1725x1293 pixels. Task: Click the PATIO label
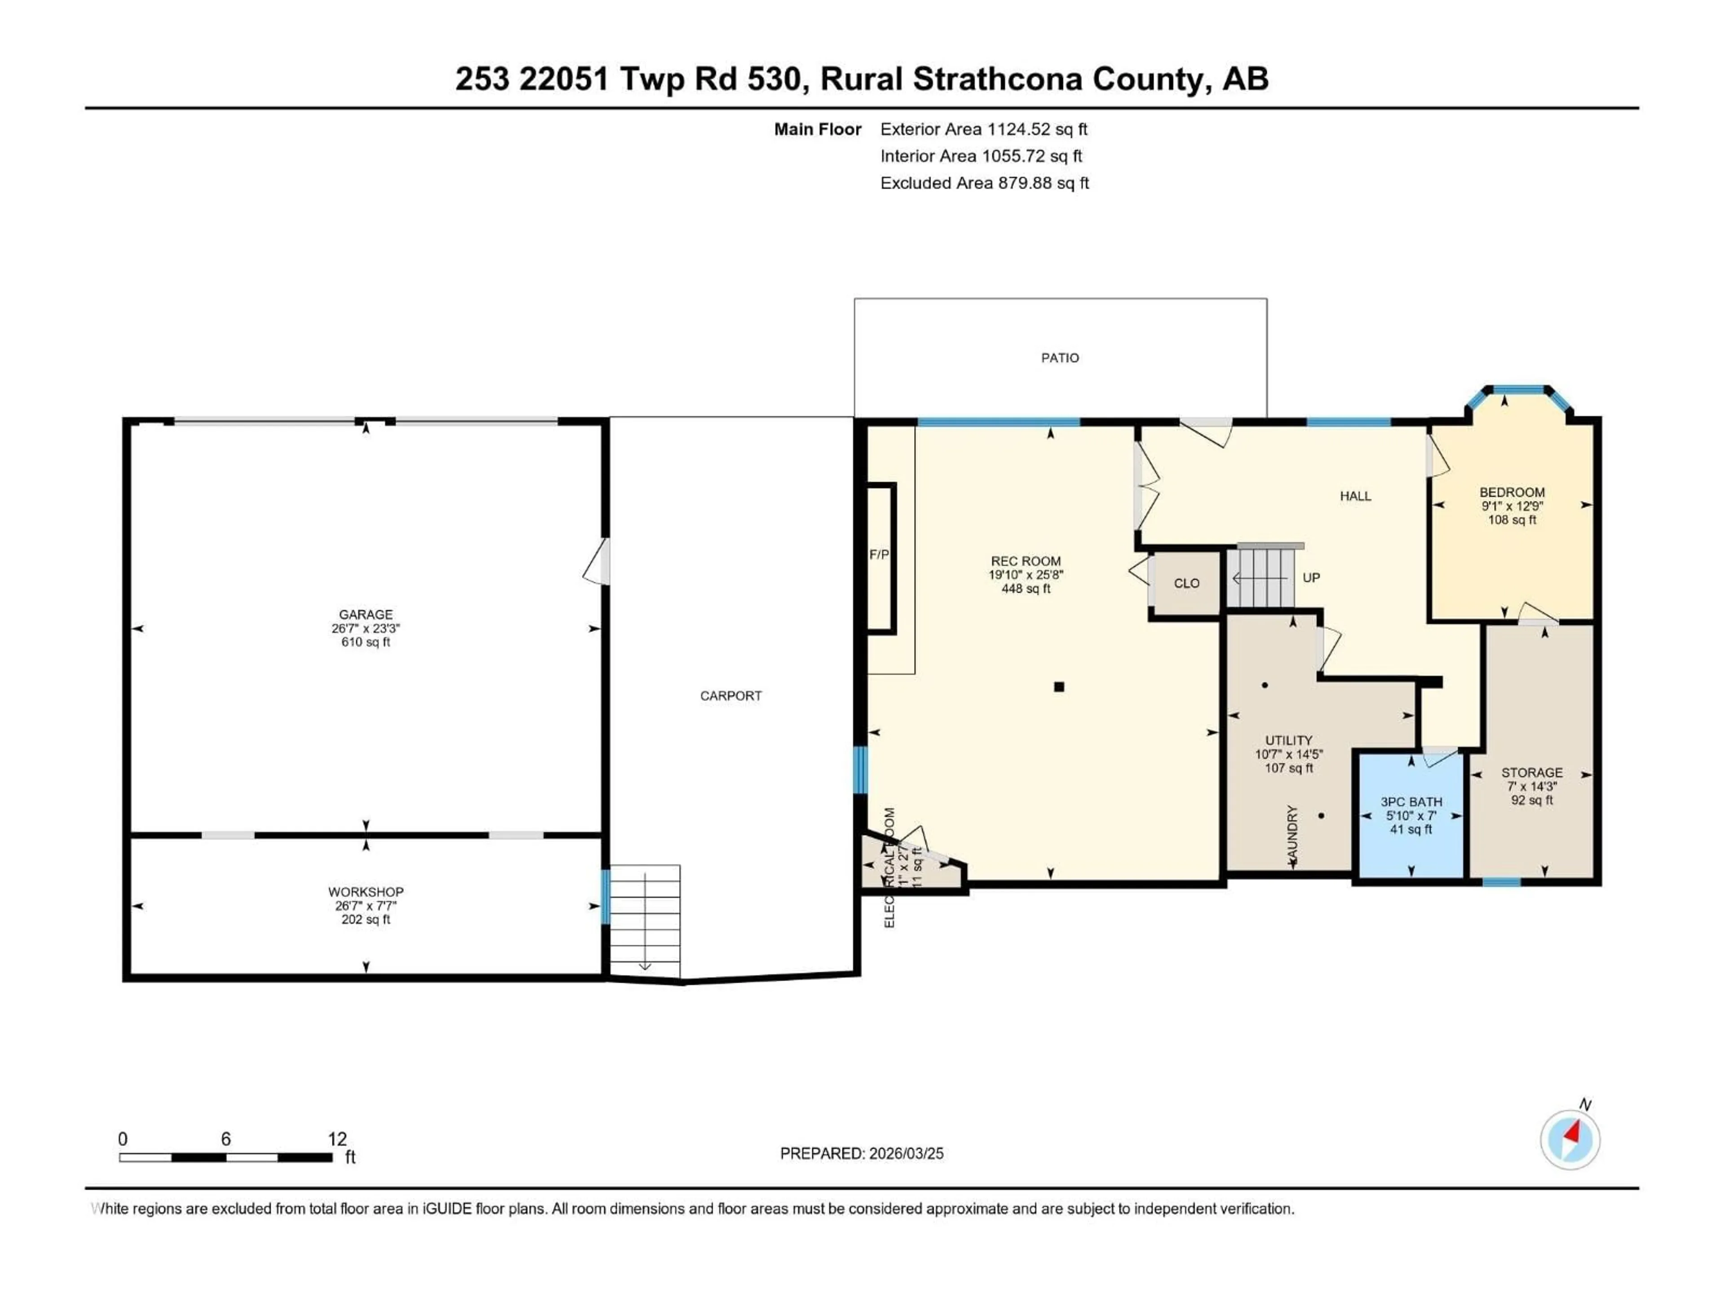coord(1060,358)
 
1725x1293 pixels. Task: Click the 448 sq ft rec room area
coord(1026,589)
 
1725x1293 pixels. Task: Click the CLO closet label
coord(1186,584)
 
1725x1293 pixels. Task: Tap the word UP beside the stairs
coord(1311,577)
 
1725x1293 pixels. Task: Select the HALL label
coord(1355,496)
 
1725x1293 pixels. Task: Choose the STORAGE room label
coord(1531,772)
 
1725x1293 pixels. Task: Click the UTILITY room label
coord(1288,740)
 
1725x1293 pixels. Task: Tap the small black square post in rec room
coord(1059,686)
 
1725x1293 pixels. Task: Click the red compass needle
coord(1573,1132)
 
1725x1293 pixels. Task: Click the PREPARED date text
coord(861,1153)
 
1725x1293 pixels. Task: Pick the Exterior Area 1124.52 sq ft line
coord(983,129)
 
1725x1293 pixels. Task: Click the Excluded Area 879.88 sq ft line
coord(984,183)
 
